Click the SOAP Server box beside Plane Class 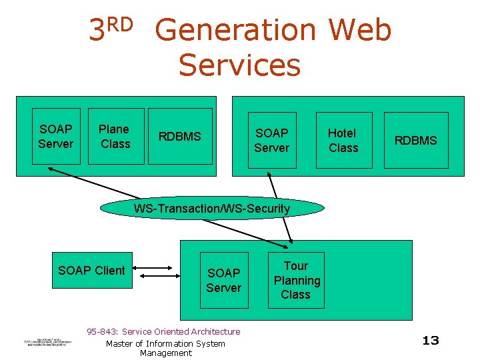pyautogui.click(x=56, y=136)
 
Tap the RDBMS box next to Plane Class pyautogui.click(x=179, y=136)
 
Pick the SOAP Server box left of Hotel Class pyautogui.click(x=271, y=140)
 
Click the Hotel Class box pyautogui.click(x=343, y=140)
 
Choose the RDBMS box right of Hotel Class pyautogui.click(x=416, y=140)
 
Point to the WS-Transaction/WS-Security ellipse pyautogui.click(x=212, y=209)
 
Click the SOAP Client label pyautogui.click(x=91, y=270)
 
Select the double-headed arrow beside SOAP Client pyautogui.click(x=155, y=271)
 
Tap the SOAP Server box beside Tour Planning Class pyautogui.click(x=224, y=280)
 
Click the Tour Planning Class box pyautogui.click(x=296, y=280)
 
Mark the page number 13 pyautogui.click(x=431, y=341)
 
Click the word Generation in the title pyautogui.click(x=235, y=31)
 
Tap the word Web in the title pyautogui.click(x=360, y=31)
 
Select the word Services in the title pyautogui.click(x=239, y=65)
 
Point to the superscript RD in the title pyautogui.click(x=120, y=24)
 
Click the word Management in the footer pyautogui.click(x=165, y=353)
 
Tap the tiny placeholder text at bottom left pyautogui.click(x=46, y=341)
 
